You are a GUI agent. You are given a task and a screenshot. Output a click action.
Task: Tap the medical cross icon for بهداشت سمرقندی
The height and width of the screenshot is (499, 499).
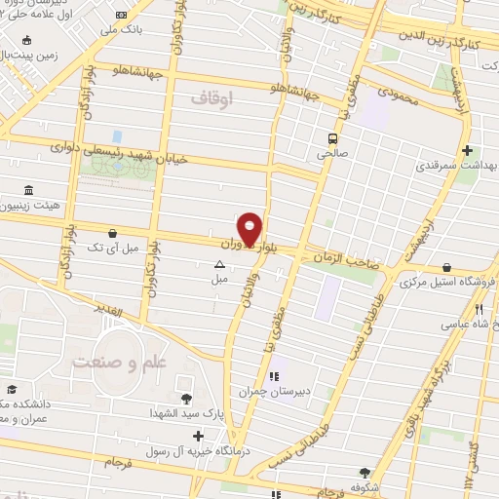[469, 151]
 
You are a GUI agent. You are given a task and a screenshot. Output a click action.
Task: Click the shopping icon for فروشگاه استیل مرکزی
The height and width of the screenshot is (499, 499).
[446, 266]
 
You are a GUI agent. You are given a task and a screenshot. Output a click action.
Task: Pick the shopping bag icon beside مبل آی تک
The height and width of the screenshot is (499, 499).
[116, 234]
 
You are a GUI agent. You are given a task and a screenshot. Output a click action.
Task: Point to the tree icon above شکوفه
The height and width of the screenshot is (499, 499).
[366, 473]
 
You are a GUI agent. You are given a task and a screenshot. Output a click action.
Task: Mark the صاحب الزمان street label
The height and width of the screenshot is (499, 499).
[340, 255]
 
